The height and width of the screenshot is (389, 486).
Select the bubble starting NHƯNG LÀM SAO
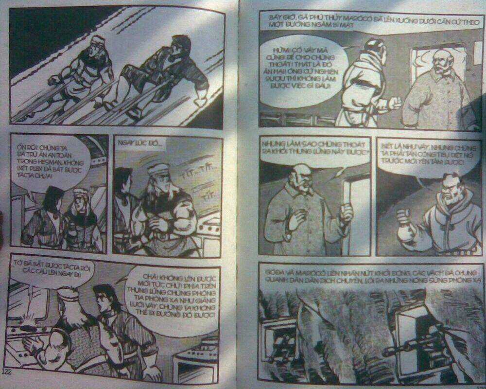coord(313,147)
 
